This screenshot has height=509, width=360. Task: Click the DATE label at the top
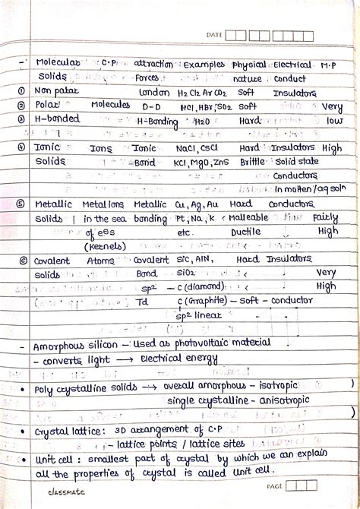213,35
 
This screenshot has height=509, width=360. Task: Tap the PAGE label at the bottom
273,485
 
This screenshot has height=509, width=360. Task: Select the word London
154,92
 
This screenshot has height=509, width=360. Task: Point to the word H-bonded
58,119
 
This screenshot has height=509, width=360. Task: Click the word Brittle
252,163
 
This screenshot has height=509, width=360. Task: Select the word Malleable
248,218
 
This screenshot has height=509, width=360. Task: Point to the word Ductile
245,232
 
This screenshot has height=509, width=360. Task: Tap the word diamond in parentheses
204,287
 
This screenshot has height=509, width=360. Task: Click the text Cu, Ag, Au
197,204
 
